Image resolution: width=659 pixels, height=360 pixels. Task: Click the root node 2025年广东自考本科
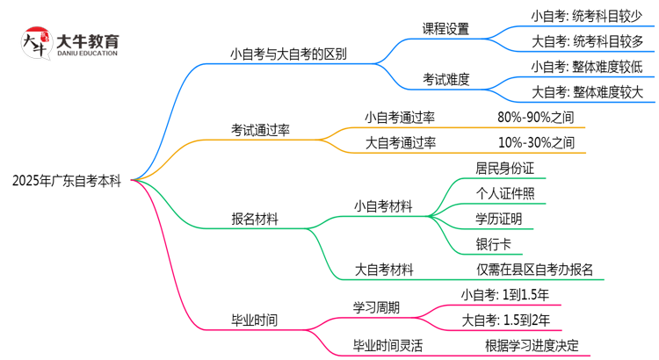[x=68, y=181]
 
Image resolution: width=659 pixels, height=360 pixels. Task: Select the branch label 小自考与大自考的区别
[x=287, y=54]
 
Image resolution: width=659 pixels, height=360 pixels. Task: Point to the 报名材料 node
[x=255, y=220]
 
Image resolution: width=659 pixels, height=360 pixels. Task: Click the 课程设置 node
[x=445, y=28]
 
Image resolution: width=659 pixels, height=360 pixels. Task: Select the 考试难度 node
[x=445, y=79]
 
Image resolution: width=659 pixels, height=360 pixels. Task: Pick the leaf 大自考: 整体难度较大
[x=587, y=91]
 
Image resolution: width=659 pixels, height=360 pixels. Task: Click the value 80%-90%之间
[x=535, y=117]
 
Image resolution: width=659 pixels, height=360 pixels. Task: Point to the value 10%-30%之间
[x=535, y=142]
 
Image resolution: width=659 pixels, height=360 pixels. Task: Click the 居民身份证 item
[x=505, y=168]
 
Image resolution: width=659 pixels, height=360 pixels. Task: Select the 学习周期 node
[x=375, y=307]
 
